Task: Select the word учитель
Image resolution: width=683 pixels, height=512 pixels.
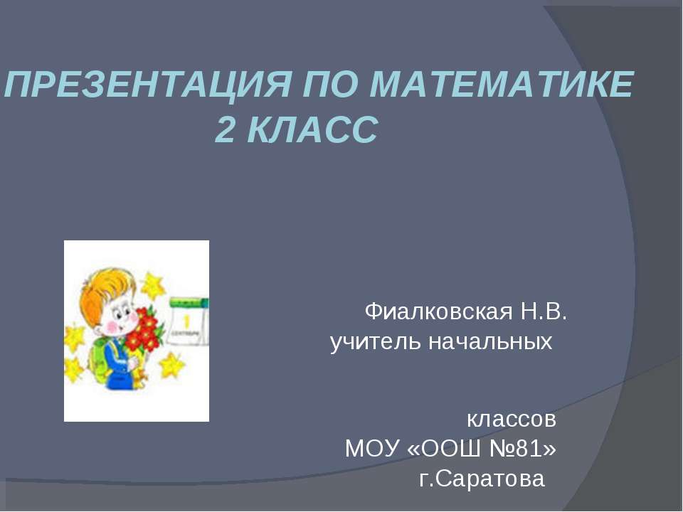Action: pos(375,343)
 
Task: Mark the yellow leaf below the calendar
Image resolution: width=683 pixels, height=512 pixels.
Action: pos(171,366)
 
